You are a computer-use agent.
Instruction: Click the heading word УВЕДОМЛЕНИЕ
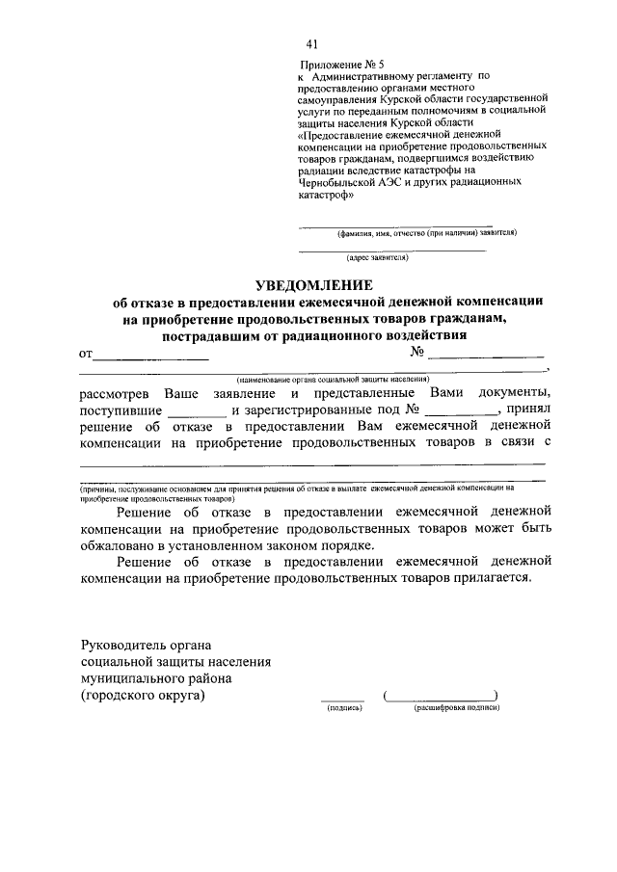[312, 284]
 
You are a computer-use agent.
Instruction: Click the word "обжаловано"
[124, 545]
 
